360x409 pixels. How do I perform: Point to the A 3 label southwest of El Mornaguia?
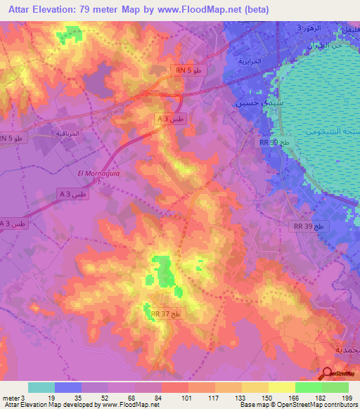(x=74, y=193)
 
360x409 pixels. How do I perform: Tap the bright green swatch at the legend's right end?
(x=335, y=387)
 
